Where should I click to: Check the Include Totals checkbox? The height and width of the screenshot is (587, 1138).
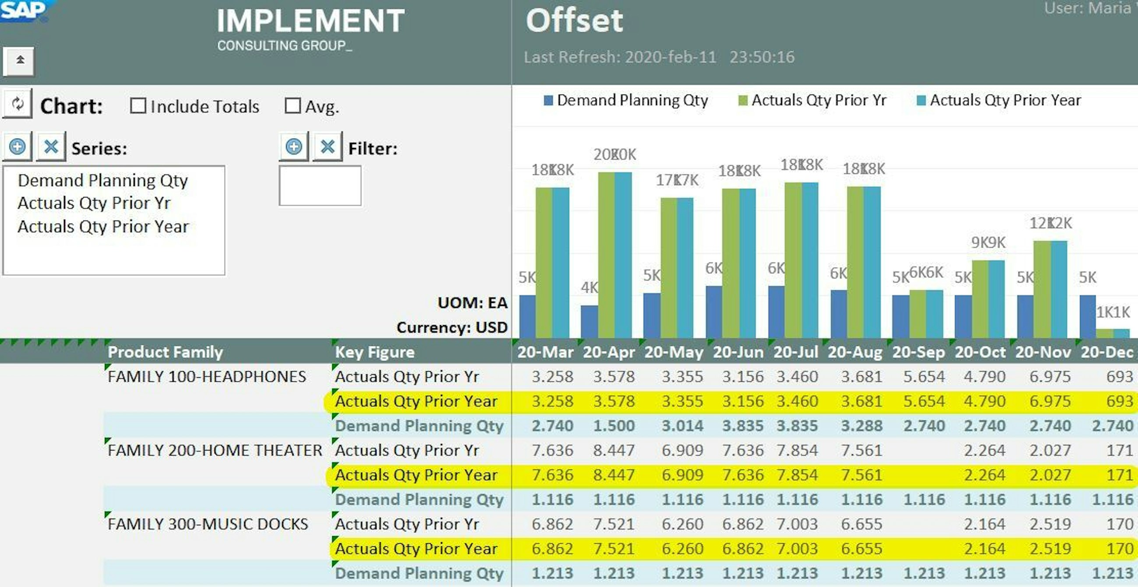138,106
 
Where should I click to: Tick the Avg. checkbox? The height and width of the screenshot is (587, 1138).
292,106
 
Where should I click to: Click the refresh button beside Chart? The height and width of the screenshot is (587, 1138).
17,104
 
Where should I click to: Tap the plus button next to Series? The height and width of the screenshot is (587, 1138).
17,147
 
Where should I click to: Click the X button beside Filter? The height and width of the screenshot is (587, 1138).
327,147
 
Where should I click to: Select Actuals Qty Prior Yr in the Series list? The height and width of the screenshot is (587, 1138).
94,203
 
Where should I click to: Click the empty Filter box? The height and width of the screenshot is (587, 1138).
320,186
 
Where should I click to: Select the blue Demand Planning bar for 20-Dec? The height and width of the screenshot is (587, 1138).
1087,316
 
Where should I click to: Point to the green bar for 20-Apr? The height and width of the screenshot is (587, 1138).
606,255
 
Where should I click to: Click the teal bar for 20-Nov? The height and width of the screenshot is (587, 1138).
1058,289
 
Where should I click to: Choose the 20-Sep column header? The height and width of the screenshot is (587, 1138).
918,352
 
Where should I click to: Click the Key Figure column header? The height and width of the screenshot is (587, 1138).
375,352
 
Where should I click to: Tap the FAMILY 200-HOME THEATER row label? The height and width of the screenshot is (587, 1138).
215,450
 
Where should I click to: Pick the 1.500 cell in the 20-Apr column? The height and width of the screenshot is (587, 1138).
614,426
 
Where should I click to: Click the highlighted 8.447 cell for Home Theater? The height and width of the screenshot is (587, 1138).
614,475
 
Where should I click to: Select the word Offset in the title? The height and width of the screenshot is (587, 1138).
574,21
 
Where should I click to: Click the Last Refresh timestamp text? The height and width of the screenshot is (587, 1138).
659,57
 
